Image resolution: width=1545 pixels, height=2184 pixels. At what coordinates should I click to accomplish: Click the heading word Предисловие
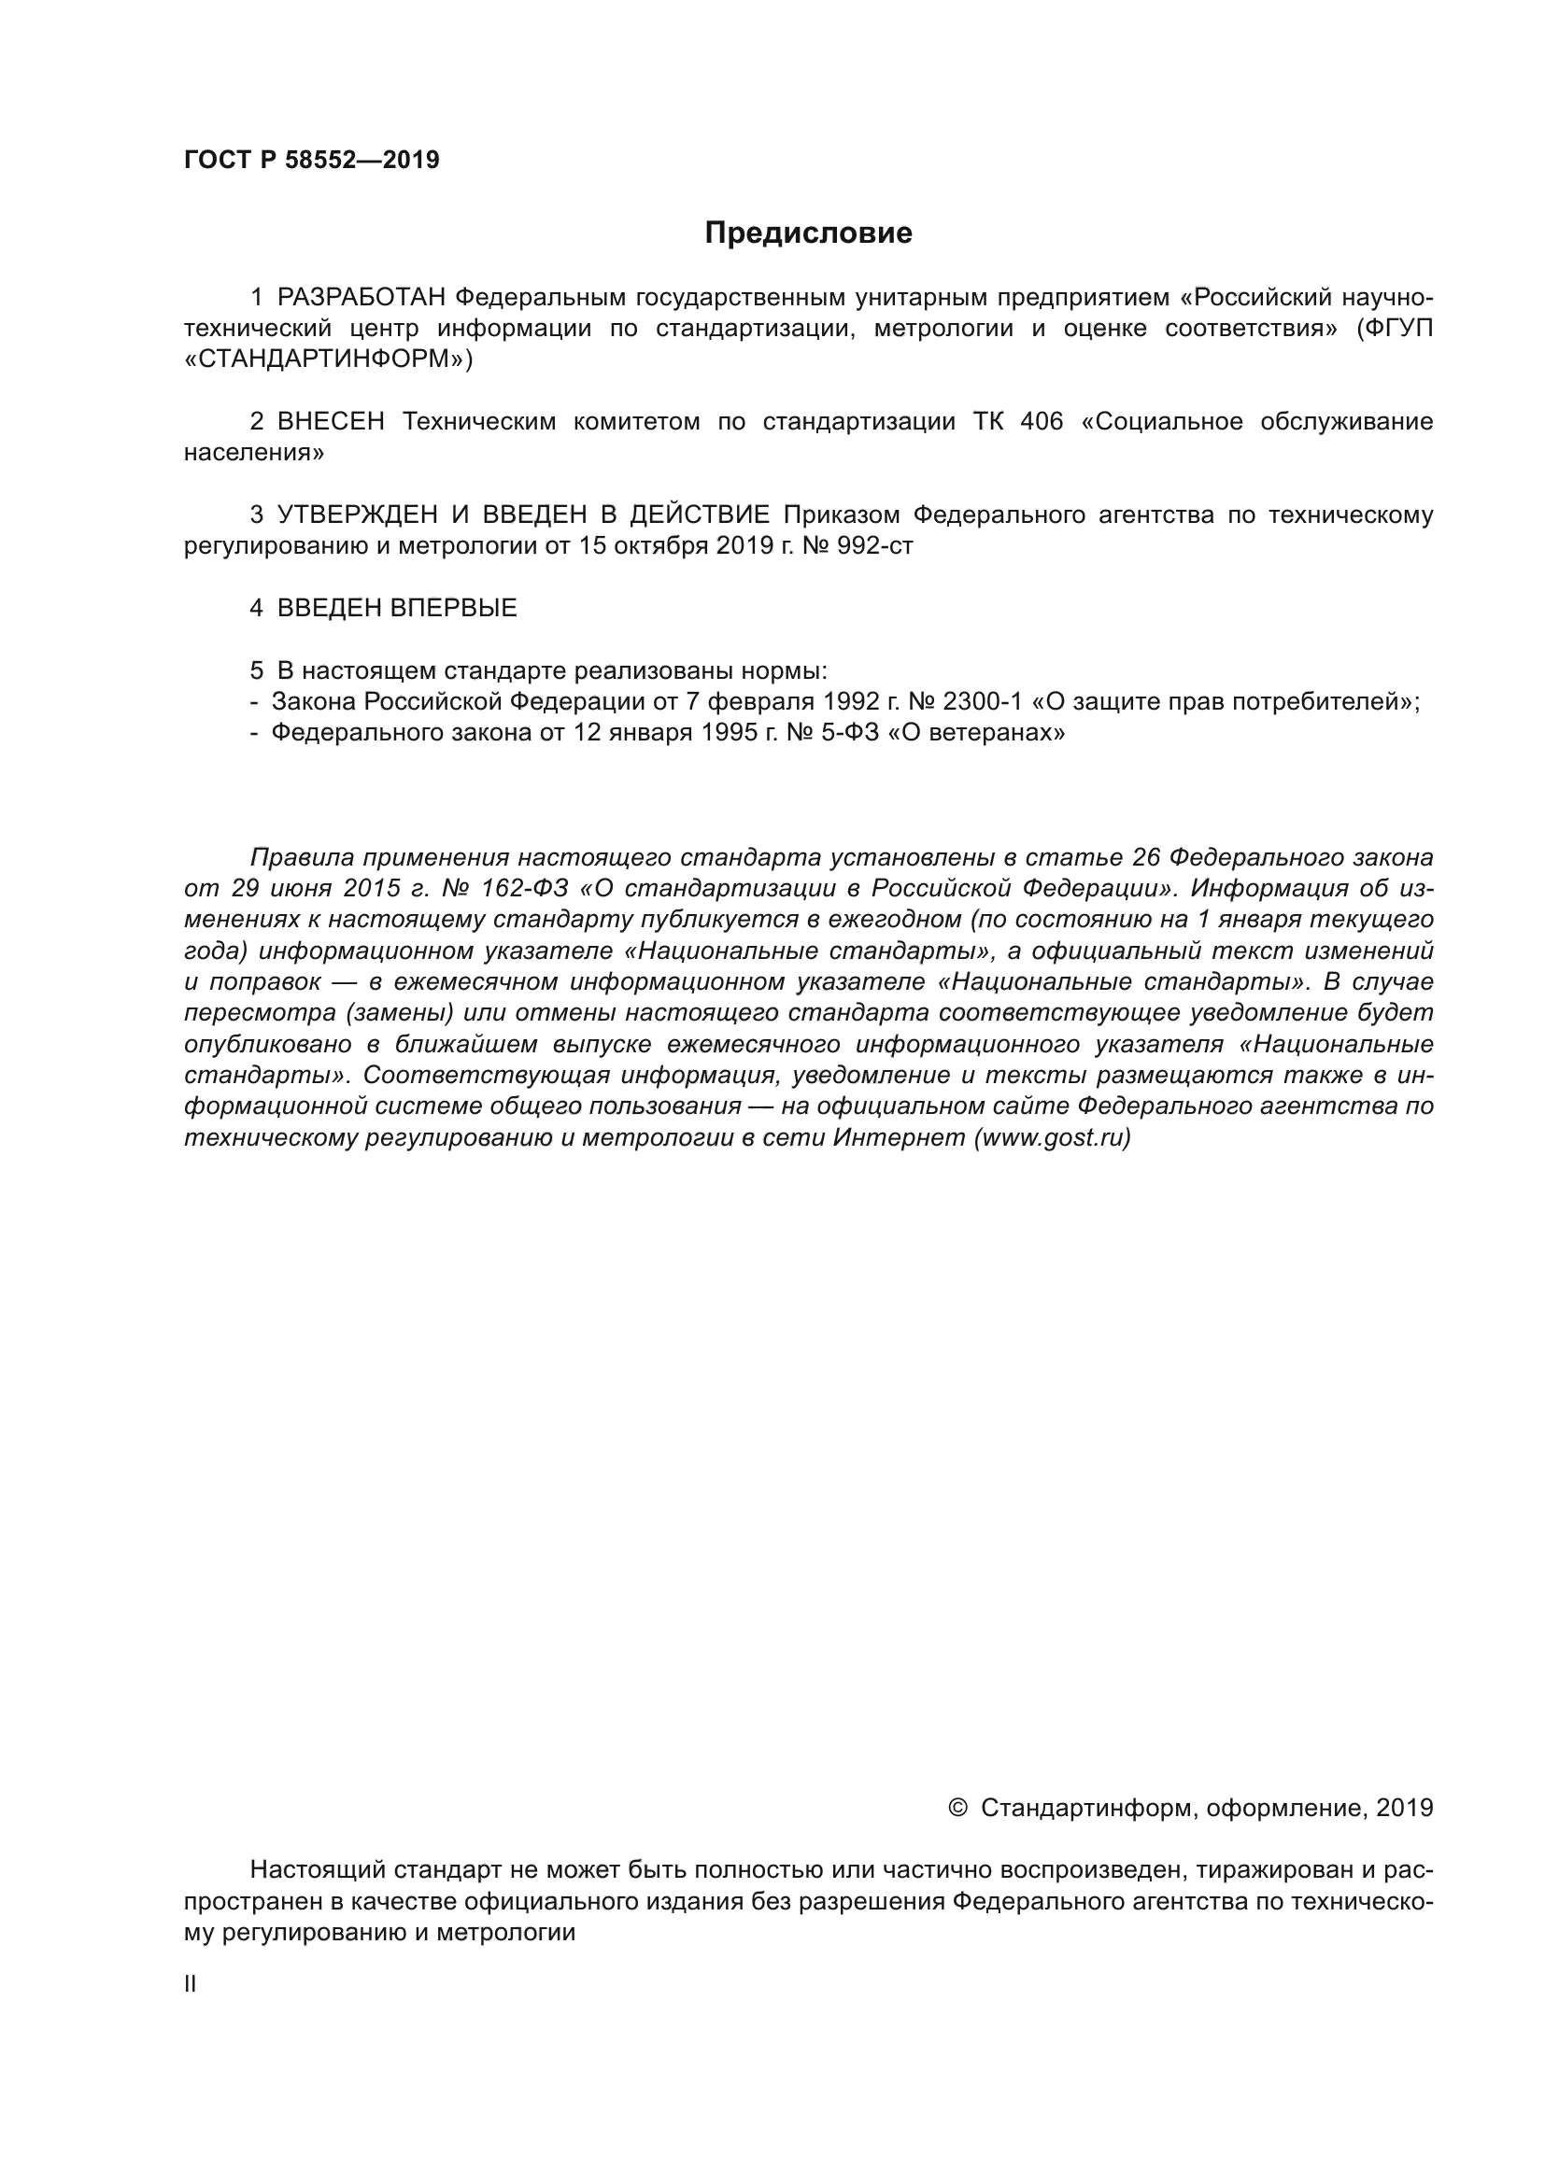click(808, 233)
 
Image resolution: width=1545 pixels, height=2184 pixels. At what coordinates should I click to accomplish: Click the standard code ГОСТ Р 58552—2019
click(311, 160)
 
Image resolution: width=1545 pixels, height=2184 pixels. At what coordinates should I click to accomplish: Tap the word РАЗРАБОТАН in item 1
click(361, 298)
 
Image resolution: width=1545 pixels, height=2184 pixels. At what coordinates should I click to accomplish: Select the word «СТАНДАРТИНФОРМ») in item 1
click(327, 359)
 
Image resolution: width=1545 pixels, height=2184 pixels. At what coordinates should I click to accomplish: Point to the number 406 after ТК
click(1041, 421)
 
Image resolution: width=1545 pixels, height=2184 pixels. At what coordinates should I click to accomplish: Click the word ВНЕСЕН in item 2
click(331, 421)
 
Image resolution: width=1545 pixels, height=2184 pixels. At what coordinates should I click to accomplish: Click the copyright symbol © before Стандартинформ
click(958, 1808)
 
